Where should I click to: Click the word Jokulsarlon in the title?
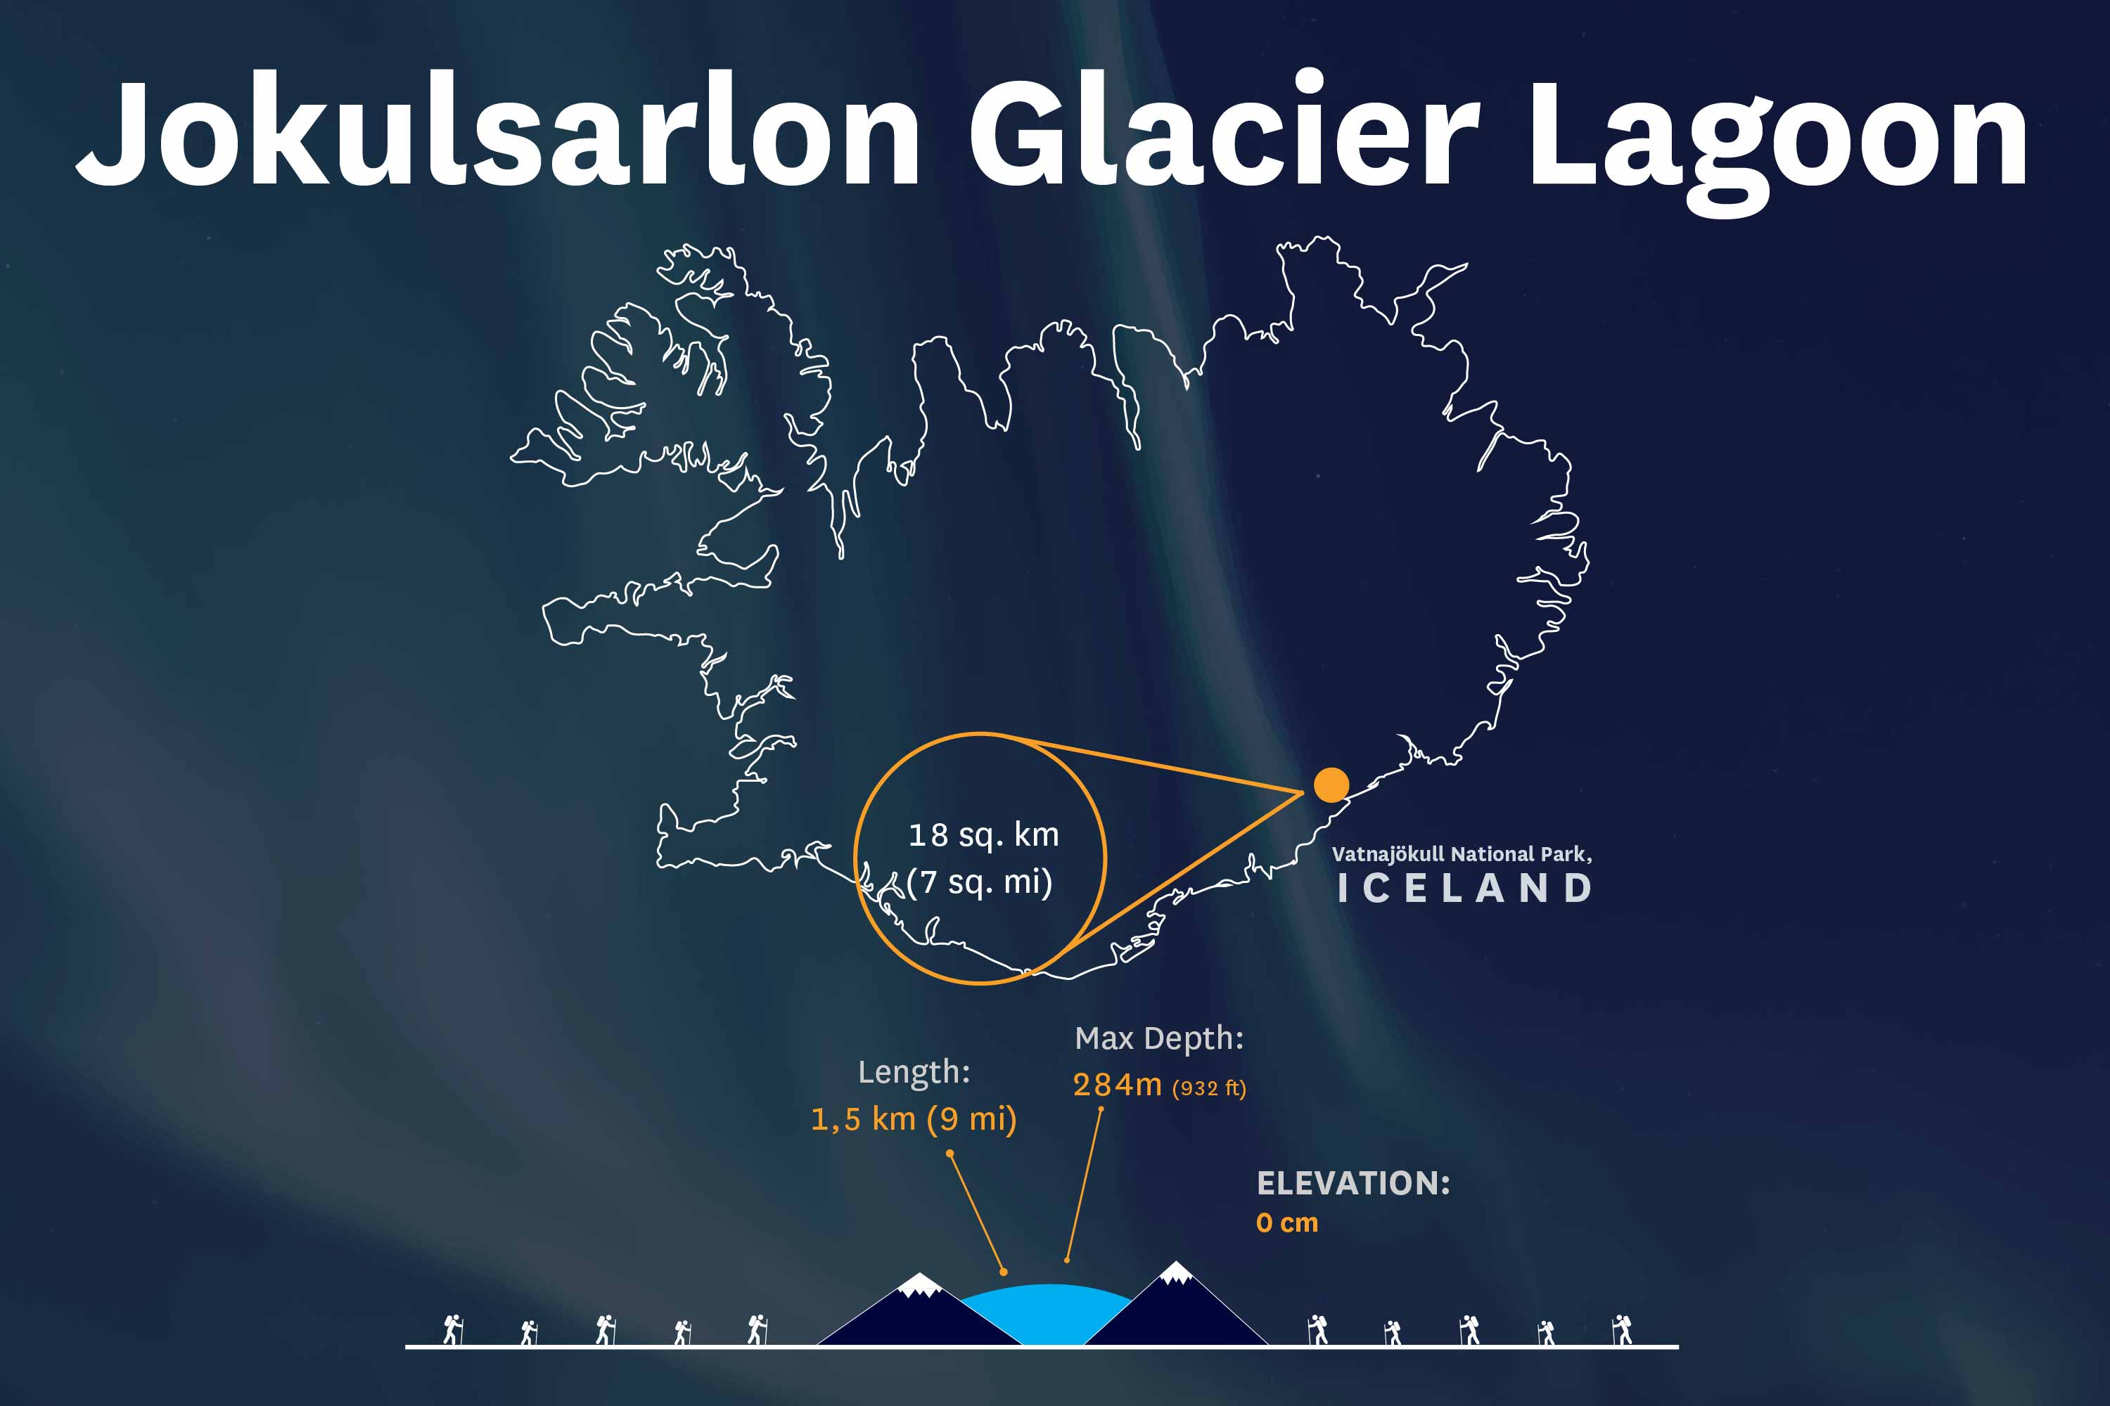tap(498, 133)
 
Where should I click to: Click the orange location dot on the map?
tap(1331, 785)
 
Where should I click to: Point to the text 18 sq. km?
tap(983, 836)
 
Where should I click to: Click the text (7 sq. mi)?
tap(979, 882)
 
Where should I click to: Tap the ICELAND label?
tap(1464, 889)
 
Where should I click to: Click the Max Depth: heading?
tap(1159, 1038)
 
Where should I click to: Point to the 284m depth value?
tap(1117, 1085)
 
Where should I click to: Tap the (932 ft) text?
tap(1208, 1088)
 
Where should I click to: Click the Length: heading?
tap(913, 1071)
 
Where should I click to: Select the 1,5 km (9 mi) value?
tap(913, 1119)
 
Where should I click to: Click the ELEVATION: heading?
tap(1353, 1184)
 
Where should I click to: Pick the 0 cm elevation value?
tap(1286, 1223)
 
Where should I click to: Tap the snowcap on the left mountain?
tap(919, 1285)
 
